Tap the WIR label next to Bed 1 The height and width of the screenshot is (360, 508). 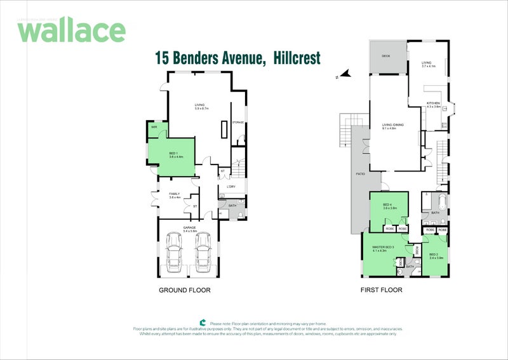point(154,127)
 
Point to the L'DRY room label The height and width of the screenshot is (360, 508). point(231,186)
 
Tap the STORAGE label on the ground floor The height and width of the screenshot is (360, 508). point(238,122)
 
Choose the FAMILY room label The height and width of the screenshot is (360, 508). point(175,194)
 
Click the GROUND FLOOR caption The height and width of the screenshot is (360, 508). point(184,290)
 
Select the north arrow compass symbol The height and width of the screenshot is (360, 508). point(342,75)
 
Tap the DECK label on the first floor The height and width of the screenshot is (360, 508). point(385,56)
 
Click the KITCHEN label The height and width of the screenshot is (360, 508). point(433,103)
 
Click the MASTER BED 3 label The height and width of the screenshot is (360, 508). point(384,246)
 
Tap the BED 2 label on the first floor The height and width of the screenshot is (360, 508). point(434,254)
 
